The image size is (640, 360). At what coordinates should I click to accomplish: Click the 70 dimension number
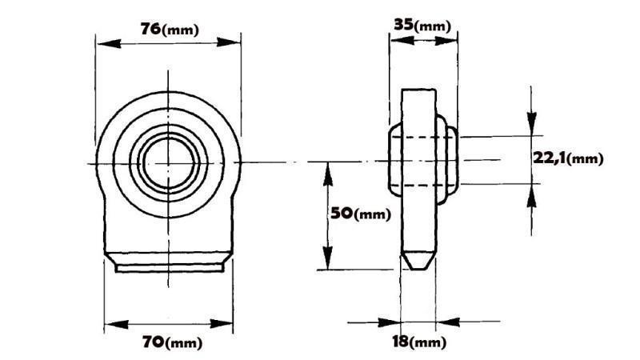pyautogui.click(x=154, y=343)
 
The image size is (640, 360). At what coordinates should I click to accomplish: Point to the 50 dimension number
pyautogui.click(x=342, y=214)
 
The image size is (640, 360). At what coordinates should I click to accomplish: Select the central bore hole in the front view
pyautogui.click(x=168, y=162)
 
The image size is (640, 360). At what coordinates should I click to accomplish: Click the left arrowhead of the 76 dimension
pyautogui.click(x=102, y=42)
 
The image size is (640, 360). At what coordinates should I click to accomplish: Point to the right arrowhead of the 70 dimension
pyautogui.click(x=227, y=326)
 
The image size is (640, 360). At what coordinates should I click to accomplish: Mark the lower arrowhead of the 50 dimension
pyautogui.click(x=327, y=263)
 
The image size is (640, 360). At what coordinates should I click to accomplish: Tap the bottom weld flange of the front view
pyautogui.click(x=168, y=264)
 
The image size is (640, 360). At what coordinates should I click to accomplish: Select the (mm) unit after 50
pyautogui.click(x=373, y=214)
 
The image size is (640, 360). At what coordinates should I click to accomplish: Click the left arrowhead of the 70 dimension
pyautogui.click(x=111, y=326)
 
